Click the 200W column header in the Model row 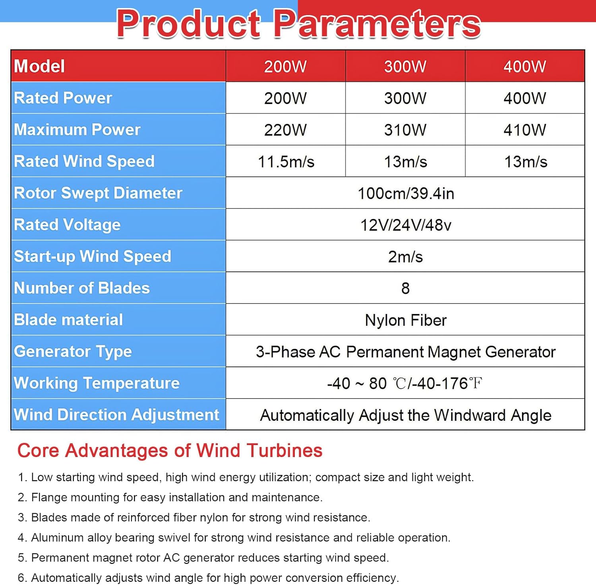tap(285, 66)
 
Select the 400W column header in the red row tap(524, 66)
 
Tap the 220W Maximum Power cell tap(285, 130)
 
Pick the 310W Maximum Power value tap(405, 130)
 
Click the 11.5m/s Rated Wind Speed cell tap(286, 162)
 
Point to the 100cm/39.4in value tap(406, 194)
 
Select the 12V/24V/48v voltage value tap(406, 225)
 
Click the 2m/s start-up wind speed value tap(405, 257)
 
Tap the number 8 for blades tap(405, 289)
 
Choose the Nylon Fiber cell tap(406, 320)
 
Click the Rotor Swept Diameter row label tap(98, 193)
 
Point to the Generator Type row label tap(73, 352)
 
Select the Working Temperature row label tap(97, 383)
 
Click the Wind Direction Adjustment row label tap(116, 415)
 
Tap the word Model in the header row tap(39, 66)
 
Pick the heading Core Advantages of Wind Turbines tap(170, 451)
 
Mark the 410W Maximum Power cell tap(524, 130)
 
